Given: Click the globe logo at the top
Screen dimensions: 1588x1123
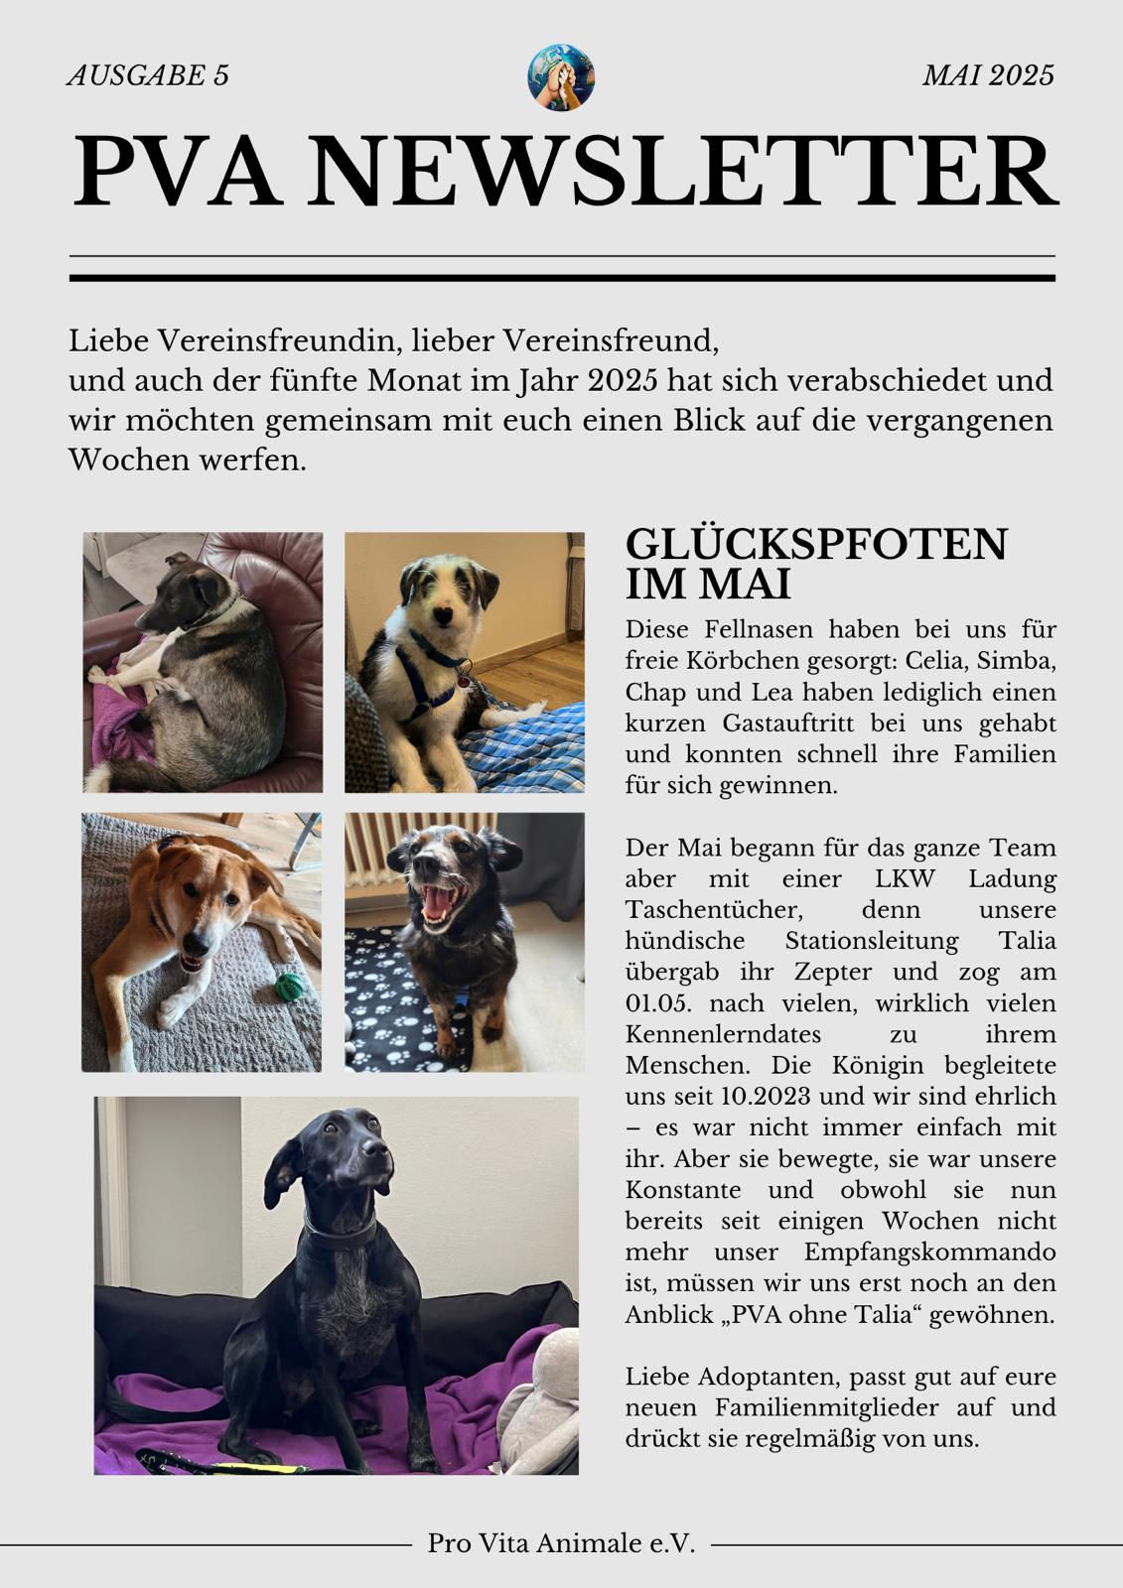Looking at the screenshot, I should tap(561, 77).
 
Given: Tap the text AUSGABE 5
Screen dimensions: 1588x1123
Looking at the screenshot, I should tap(148, 75).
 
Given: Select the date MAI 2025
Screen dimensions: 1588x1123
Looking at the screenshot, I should tap(988, 75).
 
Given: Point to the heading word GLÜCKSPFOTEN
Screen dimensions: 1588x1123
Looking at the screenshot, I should tap(816, 544).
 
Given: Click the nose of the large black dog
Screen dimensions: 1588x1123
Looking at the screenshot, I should tap(373, 1148).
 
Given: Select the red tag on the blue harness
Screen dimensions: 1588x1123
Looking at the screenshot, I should tap(464, 681).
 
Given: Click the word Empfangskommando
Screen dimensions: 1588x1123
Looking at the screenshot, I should tap(929, 1252).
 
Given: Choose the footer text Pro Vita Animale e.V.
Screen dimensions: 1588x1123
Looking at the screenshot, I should tap(561, 1544).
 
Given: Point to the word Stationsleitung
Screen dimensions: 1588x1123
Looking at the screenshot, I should tap(872, 941).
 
